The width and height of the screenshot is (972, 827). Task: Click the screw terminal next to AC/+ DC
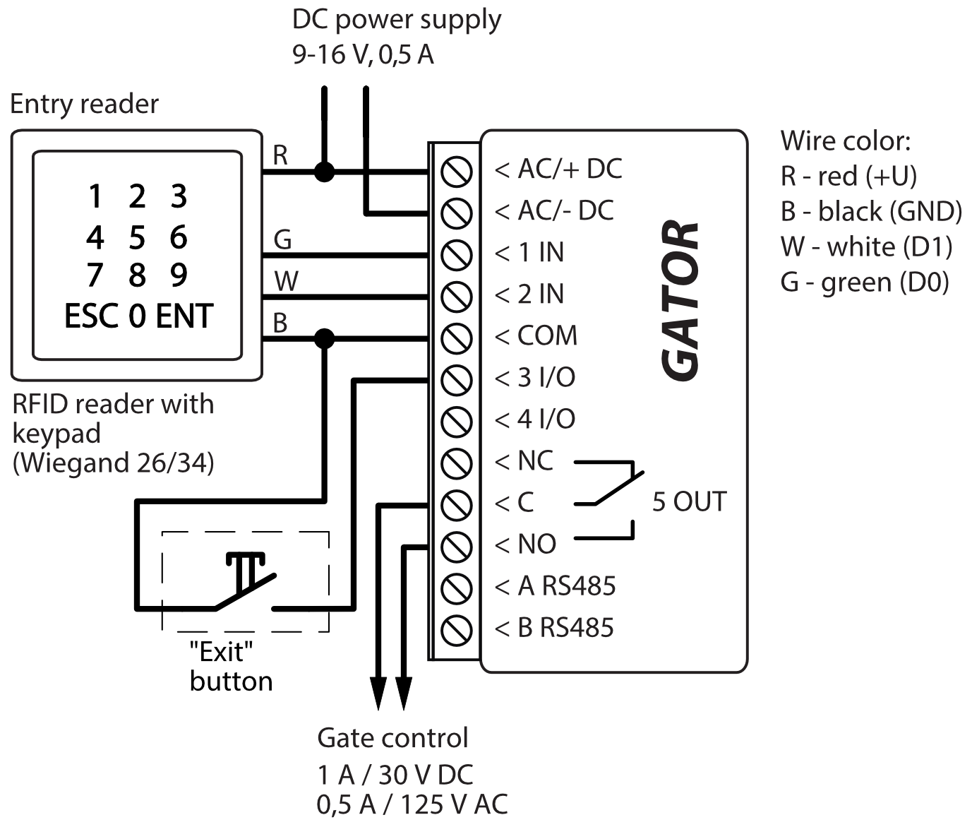pos(456,171)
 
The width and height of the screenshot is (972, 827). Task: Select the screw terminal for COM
pos(456,338)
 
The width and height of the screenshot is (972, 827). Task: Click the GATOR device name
pos(680,300)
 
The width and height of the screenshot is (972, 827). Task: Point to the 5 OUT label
pos(689,501)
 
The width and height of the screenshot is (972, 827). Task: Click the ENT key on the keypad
pos(184,316)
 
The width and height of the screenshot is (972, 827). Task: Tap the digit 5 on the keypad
pos(137,238)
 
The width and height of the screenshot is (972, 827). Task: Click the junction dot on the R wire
pos(324,171)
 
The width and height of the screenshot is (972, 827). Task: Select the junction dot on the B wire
pos(324,338)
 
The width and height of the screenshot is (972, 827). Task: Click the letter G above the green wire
pos(282,240)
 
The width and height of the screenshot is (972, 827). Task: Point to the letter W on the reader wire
pos(286,282)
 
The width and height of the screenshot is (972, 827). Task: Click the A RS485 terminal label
pos(566,586)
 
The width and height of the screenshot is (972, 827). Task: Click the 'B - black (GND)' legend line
pos(871,211)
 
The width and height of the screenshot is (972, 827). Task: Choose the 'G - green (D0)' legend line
pos(864,282)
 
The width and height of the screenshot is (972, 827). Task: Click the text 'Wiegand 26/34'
pos(114,463)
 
